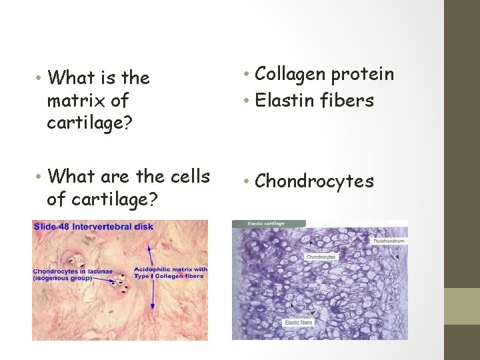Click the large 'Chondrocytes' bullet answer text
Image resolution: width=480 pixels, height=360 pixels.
(x=315, y=181)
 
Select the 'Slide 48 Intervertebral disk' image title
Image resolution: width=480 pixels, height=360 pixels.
(x=93, y=227)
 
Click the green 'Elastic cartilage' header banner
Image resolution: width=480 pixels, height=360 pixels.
(x=268, y=224)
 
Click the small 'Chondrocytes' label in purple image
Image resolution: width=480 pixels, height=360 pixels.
(x=321, y=256)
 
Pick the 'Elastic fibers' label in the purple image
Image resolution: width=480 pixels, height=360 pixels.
(x=299, y=323)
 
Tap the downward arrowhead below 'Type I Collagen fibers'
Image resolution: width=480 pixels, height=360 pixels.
(x=154, y=309)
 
